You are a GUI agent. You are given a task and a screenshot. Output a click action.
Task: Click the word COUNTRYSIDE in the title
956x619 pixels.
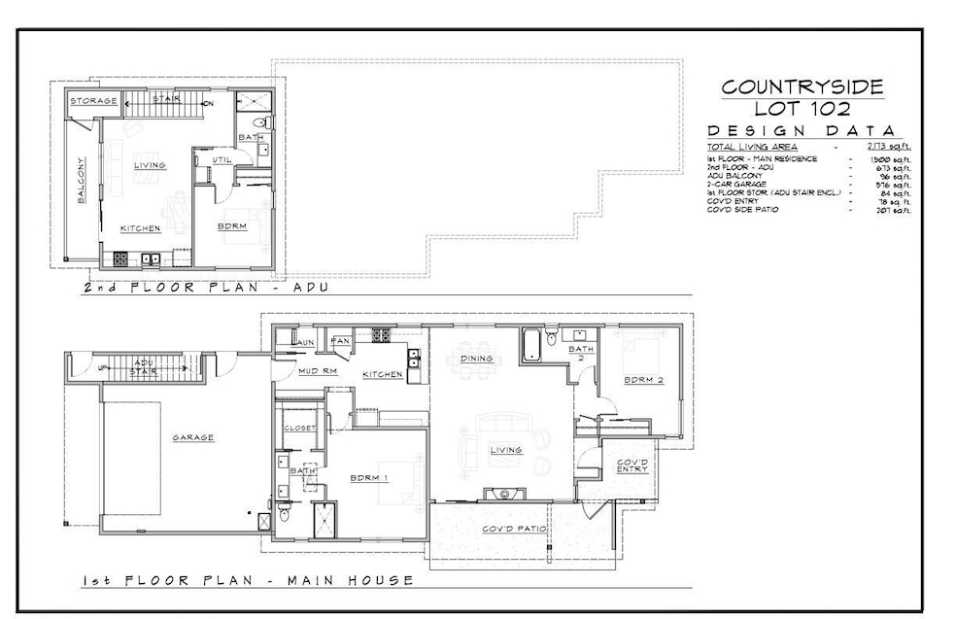click(x=802, y=87)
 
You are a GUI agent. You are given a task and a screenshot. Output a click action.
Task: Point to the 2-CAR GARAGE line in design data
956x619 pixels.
click(x=738, y=184)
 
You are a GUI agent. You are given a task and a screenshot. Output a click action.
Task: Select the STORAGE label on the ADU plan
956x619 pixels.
click(x=93, y=100)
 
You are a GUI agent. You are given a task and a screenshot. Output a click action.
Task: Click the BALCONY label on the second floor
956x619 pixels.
click(x=82, y=181)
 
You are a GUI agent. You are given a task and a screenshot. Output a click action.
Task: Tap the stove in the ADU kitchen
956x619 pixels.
click(x=121, y=259)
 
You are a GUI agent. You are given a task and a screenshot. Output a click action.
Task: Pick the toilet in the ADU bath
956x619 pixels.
click(x=259, y=123)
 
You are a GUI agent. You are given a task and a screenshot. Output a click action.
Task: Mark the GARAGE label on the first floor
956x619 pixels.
click(x=193, y=437)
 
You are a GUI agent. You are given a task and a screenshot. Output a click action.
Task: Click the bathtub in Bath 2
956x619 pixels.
click(x=532, y=346)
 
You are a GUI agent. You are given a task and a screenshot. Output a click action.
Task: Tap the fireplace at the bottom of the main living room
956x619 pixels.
click(x=505, y=495)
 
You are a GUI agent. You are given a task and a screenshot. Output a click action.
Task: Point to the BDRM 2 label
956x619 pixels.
click(x=644, y=380)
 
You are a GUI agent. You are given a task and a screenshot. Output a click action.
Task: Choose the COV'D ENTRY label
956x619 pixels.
click(x=631, y=464)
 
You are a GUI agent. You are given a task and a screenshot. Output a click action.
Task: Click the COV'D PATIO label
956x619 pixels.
click(x=511, y=530)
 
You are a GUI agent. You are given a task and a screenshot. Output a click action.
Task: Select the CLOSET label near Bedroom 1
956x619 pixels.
click(x=296, y=429)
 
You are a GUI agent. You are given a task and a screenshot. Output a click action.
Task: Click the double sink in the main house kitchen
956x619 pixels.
click(x=413, y=359)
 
